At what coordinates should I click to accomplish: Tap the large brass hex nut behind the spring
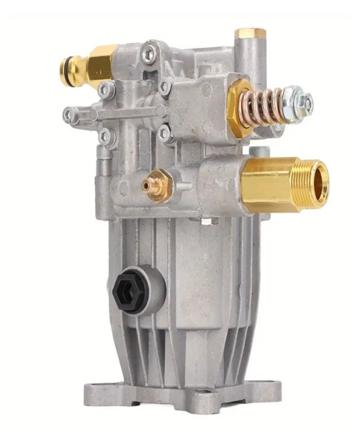point(240,109)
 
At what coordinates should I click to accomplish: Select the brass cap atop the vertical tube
point(251,33)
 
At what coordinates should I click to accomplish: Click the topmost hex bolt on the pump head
point(148,51)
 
